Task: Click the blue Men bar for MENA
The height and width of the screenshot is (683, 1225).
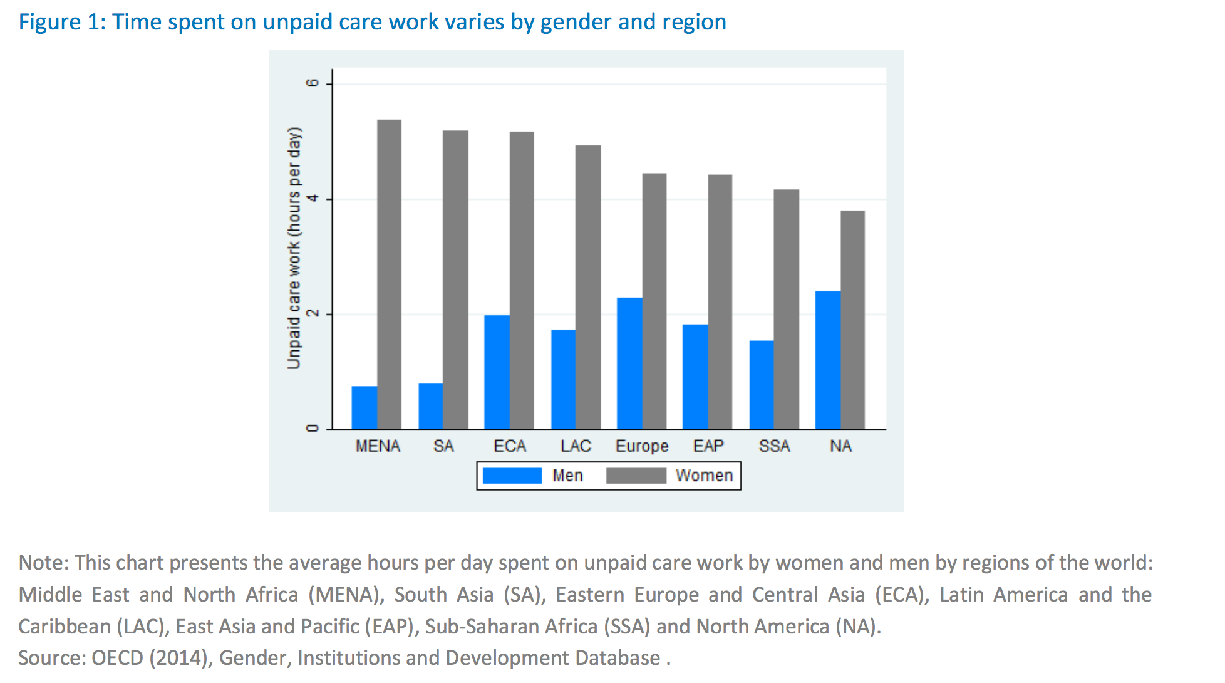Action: (364, 408)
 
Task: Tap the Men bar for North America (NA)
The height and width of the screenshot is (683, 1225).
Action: (828, 360)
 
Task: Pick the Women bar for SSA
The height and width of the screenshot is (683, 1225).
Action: (786, 310)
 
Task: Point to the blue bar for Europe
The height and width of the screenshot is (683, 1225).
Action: (629, 363)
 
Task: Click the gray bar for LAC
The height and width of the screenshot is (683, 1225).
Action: (588, 288)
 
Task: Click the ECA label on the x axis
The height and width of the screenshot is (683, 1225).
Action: (510, 446)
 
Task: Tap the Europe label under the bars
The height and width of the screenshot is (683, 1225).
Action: (642, 446)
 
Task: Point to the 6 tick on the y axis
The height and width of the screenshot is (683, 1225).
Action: (312, 83)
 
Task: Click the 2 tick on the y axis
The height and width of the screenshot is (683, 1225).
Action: (312, 314)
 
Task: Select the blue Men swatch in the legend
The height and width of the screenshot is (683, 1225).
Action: (512, 476)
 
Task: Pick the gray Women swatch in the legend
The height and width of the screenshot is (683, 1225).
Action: (636, 476)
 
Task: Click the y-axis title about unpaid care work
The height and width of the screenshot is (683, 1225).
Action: (294, 248)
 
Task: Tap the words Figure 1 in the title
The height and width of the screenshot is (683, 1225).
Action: (59, 22)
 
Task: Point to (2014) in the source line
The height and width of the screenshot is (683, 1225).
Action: (181, 658)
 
